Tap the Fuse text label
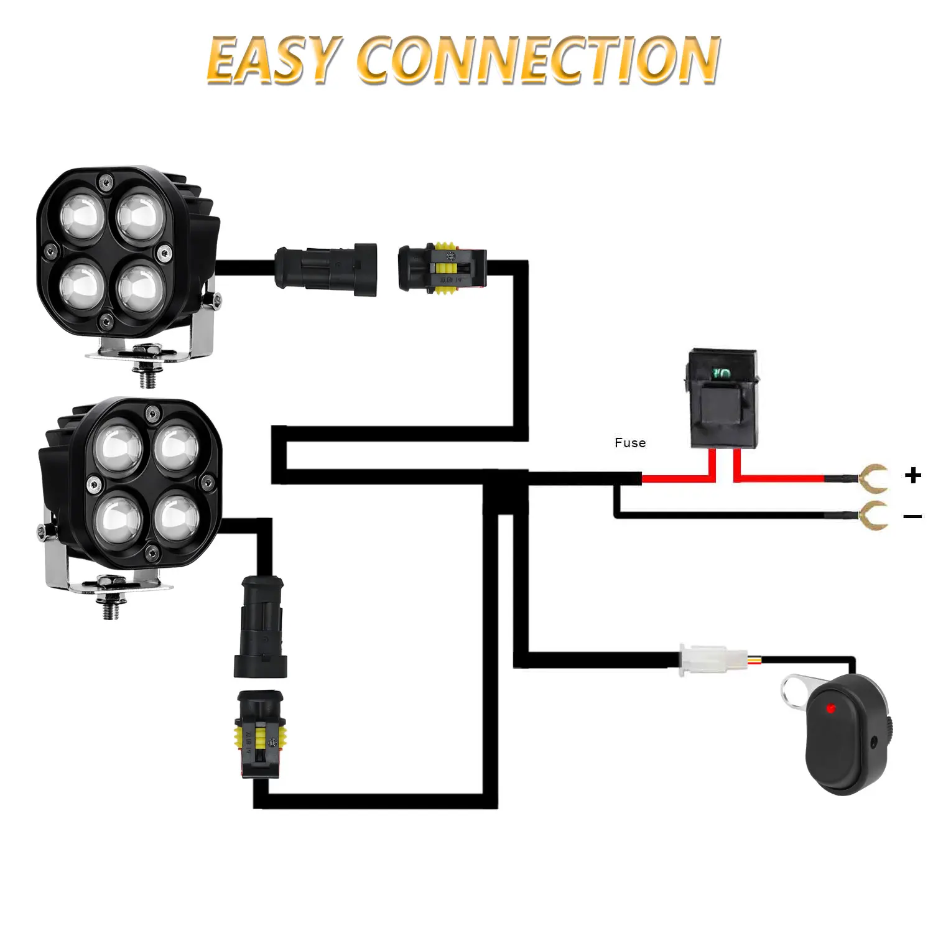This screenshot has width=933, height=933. (x=630, y=443)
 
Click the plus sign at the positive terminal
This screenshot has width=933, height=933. (x=913, y=476)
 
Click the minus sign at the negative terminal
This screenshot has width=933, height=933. (x=912, y=516)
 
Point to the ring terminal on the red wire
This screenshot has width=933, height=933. (x=874, y=478)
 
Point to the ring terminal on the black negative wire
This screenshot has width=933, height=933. (x=874, y=516)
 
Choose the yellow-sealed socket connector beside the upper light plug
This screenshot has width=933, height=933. (x=442, y=267)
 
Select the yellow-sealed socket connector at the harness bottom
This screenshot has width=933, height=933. (x=261, y=734)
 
